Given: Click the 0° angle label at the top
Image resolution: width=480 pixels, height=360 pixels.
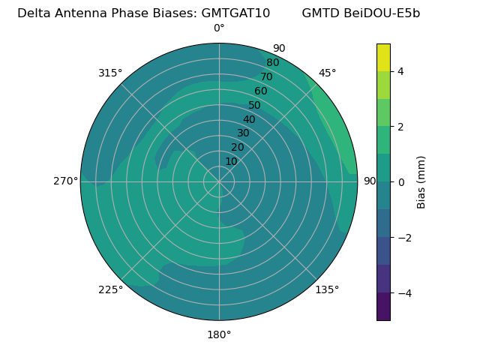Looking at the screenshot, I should click(219, 28).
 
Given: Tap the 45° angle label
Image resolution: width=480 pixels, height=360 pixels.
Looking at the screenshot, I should click(327, 73).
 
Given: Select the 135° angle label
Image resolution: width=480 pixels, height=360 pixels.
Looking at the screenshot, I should click(327, 289).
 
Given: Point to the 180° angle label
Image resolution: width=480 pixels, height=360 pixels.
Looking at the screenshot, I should click(219, 334).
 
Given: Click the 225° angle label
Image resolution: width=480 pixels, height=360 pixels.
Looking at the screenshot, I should click(110, 289).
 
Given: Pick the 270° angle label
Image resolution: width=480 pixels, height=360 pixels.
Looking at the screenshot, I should click(65, 181).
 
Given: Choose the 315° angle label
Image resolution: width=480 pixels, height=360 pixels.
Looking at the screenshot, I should click(110, 73).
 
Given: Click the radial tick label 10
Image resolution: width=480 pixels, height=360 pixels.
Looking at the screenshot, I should click(231, 161).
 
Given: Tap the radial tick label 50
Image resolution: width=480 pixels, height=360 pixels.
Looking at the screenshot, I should click(255, 105).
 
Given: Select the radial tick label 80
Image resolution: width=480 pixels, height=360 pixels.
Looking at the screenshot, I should click(273, 62).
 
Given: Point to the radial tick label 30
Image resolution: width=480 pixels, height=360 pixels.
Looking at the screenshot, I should click(243, 133).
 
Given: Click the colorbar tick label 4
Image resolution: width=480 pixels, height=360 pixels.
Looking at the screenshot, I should click(400, 71).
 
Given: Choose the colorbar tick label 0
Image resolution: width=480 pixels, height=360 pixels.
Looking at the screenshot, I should click(400, 182).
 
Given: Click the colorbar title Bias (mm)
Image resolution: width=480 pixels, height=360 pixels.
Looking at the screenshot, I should click(421, 182).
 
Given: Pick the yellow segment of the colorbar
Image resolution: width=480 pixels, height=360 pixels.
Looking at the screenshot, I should click(383, 58).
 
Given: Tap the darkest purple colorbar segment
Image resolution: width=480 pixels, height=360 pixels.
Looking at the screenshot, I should click(383, 307).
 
